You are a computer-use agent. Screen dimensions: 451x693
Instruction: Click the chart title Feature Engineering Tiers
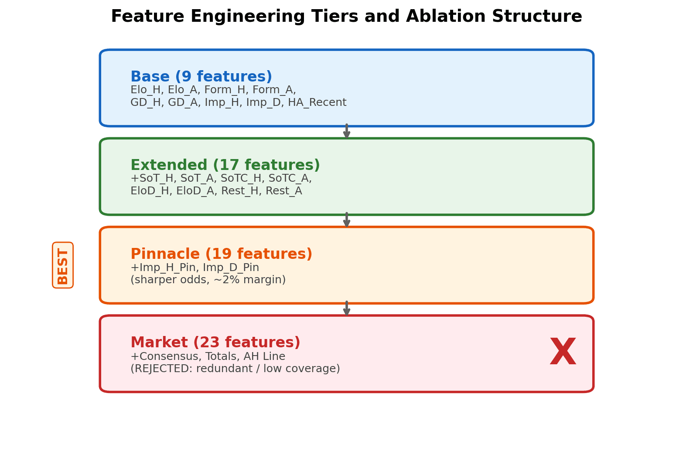pos(346,17)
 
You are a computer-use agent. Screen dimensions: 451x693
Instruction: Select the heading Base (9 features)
pos(201,77)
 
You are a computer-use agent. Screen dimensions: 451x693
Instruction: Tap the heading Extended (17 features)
pos(225,165)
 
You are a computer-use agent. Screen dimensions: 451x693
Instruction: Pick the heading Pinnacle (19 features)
pos(221,254)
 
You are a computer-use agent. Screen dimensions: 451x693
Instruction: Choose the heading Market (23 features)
pos(215,342)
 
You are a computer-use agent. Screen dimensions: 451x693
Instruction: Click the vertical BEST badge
pos(63,265)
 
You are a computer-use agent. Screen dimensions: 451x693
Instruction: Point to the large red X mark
pos(563,352)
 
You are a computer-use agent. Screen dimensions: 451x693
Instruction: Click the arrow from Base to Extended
pos(346,132)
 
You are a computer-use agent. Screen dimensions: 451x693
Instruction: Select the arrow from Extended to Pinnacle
pos(346,220)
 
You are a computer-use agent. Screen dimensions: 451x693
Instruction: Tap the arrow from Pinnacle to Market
pos(346,309)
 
